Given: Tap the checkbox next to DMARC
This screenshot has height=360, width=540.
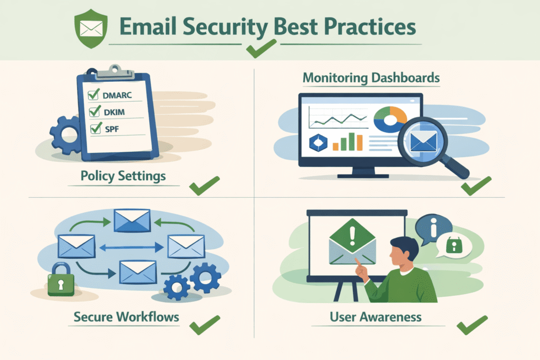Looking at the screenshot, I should pos(94,94).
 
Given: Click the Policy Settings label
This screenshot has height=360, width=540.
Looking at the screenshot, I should pos(123,176).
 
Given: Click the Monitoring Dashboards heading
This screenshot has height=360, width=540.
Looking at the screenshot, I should pos(371,78).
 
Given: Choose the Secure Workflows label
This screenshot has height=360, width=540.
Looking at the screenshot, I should pos(127,317).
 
